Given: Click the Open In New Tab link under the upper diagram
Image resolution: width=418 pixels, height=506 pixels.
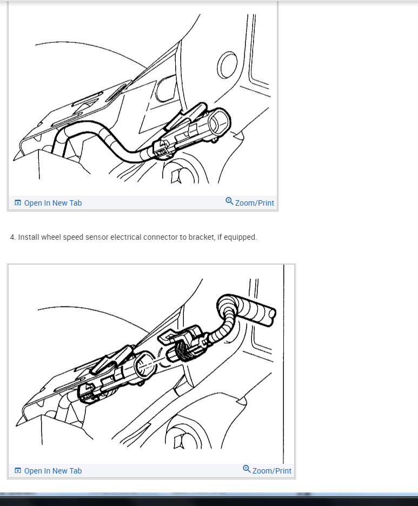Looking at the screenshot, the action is click(x=53, y=203).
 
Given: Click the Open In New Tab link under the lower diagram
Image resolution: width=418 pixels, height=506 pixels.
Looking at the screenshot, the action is click(x=53, y=471).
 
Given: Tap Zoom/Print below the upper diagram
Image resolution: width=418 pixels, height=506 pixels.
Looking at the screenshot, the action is click(x=255, y=203).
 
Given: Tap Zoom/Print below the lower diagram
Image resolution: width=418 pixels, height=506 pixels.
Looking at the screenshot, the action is click(x=271, y=471).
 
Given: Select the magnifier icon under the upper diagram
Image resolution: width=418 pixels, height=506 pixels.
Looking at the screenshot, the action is click(x=229, y=201).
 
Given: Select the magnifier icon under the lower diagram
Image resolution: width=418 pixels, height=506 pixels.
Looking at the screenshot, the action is click(x=247, y=469).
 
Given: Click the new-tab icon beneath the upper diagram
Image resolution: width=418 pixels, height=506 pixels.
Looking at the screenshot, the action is click(x=18, y=202).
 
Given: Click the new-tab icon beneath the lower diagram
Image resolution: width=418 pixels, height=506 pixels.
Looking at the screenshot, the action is click(x=18, y=470).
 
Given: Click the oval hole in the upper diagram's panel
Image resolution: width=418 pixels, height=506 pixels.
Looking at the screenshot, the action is click(x=227, y=65).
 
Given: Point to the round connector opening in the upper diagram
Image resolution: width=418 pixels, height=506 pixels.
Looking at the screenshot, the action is click(x=220, y=122).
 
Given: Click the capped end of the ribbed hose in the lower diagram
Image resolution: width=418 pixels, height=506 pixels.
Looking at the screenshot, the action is click(x=271, y=313).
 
